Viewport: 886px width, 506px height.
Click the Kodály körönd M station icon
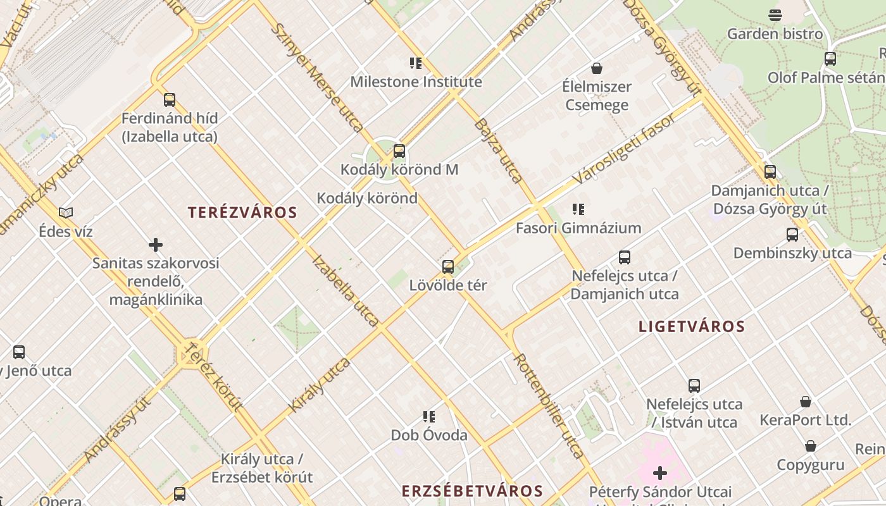[x=399, y=151]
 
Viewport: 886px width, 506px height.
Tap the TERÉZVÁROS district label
[x=242, y=213]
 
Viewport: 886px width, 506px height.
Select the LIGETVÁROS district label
[x=692, y=327]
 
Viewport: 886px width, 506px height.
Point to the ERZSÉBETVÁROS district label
[x=473, y=491]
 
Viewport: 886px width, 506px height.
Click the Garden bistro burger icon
[x=775, y=15]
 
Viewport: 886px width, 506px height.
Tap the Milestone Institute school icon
[x=415, y=63]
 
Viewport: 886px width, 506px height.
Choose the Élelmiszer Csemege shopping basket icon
[x=596, y=68]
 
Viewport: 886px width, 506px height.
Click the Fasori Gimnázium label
[x=578, y=228]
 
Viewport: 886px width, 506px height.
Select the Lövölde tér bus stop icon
[x=448, y=267]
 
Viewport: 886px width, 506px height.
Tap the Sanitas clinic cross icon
[x=156, y=245]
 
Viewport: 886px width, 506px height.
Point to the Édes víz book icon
[x=66, y=213]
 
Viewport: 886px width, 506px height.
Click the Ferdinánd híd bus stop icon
[x=170, y=100]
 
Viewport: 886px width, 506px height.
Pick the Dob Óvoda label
[x=429, y=435]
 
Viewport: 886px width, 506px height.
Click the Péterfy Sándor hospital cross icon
[x=660, y=473]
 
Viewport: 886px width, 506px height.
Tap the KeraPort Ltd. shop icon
[x=806, y=402]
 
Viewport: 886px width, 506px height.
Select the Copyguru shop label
[x=811, y=465]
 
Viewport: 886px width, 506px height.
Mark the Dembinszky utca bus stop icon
[x=792, y=235]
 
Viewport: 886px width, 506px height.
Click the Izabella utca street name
[x=346, y=291]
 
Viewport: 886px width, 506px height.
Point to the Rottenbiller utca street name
[x=548, y=405]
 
